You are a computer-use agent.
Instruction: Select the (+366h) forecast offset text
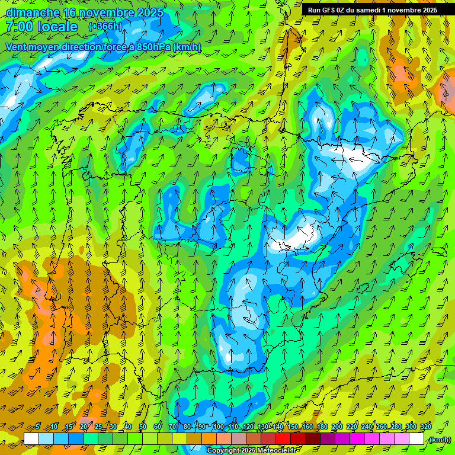pyautogui.click(x=105, y=27)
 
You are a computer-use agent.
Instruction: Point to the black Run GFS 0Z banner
pyautogui.click(x=372, y=10)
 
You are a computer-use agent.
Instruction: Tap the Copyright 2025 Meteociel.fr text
pyautogui.click(x=252, y=451)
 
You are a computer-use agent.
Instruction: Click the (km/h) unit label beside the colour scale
pyautogui.click(x=439, y=440)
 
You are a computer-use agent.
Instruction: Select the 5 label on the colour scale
pyautogui.click(x=37, y=427)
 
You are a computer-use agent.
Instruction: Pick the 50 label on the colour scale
pyautogui.click(x=142, y=427)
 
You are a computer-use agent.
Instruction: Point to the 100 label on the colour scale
pyautogui.click(x=218, y=427)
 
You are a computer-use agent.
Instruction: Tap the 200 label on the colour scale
pyautogui.click(x=337, y=427)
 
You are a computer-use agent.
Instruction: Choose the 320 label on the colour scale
pyautogui.click(x=426, y=427)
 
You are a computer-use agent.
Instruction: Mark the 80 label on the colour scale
pyautogui.click(x=187, y=427)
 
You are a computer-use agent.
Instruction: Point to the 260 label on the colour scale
pyautogui.click(x=382, y=427)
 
